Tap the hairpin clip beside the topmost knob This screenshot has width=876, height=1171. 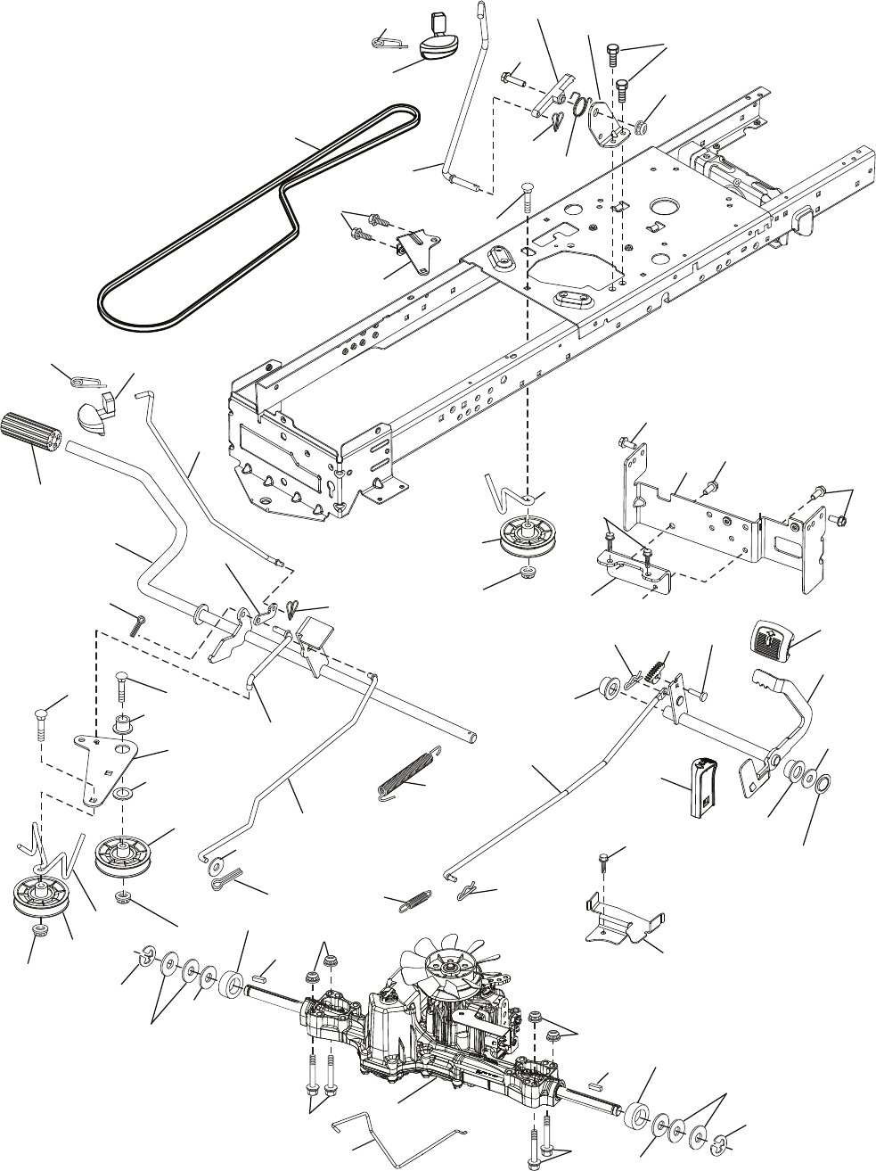(389, 40)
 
